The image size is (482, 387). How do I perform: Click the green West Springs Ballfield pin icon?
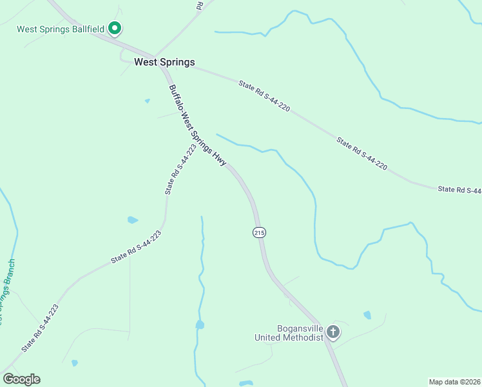click(x=115, y=28)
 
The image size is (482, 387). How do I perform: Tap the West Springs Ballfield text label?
click(x=60, y=29)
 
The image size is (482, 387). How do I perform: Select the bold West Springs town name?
click(x=164, y=63)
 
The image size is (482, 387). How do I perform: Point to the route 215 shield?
click(x=259, y=232)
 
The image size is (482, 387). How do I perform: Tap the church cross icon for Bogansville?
click(x=333, y=332)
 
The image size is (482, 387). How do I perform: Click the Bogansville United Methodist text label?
click(x=289, y=333)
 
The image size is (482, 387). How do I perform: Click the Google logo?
click(x=21, y=379)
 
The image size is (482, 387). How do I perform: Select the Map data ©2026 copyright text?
click(x=454, y=381)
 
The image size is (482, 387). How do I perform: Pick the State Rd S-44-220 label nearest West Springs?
click(x=264, y=96)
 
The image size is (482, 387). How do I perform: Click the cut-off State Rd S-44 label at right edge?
click(x=459, y=190)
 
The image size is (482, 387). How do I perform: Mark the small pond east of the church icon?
click(x=367, y=315)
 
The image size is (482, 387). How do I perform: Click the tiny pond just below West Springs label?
click(x=148, y=101)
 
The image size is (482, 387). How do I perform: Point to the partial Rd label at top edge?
click(x=200, y=5)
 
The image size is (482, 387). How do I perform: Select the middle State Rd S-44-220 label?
click(x=361, y=154)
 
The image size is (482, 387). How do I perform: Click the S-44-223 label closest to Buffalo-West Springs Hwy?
click(x=180, y=170)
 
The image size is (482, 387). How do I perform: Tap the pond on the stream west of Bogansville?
click(x=200, y=324)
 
